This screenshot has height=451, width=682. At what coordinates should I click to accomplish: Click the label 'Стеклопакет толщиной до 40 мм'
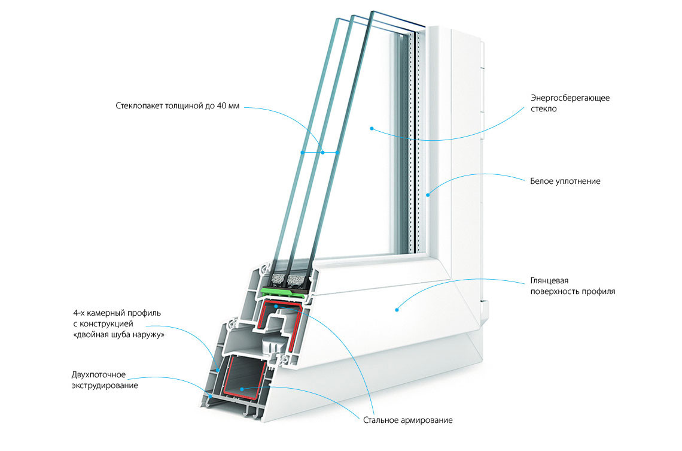click(178, 107)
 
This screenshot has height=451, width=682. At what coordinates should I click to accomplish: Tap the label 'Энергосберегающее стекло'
click(570, 103)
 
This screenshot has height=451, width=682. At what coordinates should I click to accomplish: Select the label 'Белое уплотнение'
click(565, 181)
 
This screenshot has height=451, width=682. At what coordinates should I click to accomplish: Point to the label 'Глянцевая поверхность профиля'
click(572, 286)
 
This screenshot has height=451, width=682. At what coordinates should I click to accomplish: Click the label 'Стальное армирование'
click(403, 419)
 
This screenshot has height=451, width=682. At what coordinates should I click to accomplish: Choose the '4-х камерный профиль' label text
click(117, 313)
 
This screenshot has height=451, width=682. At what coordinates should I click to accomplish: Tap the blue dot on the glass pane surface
click(371, 128)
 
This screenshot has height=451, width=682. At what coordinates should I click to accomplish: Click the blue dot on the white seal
click(428, 195)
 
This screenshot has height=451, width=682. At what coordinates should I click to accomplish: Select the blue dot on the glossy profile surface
click(397, 309)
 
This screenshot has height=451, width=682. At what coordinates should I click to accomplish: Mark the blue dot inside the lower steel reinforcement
click(241, 389)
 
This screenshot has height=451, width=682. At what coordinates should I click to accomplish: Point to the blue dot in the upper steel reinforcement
click(275, 306)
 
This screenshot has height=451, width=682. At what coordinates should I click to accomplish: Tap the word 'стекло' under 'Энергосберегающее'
click(543, 109)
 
